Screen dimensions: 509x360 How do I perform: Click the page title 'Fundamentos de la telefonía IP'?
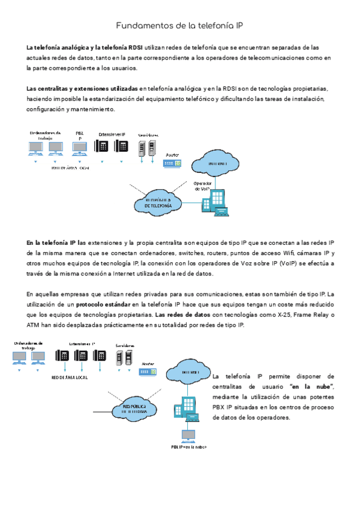179,26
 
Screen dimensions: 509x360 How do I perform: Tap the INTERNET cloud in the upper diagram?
217,163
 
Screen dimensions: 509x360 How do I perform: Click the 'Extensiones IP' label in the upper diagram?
112,134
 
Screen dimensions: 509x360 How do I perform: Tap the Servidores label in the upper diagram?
148,135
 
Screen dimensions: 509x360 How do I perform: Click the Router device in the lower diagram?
148,372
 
